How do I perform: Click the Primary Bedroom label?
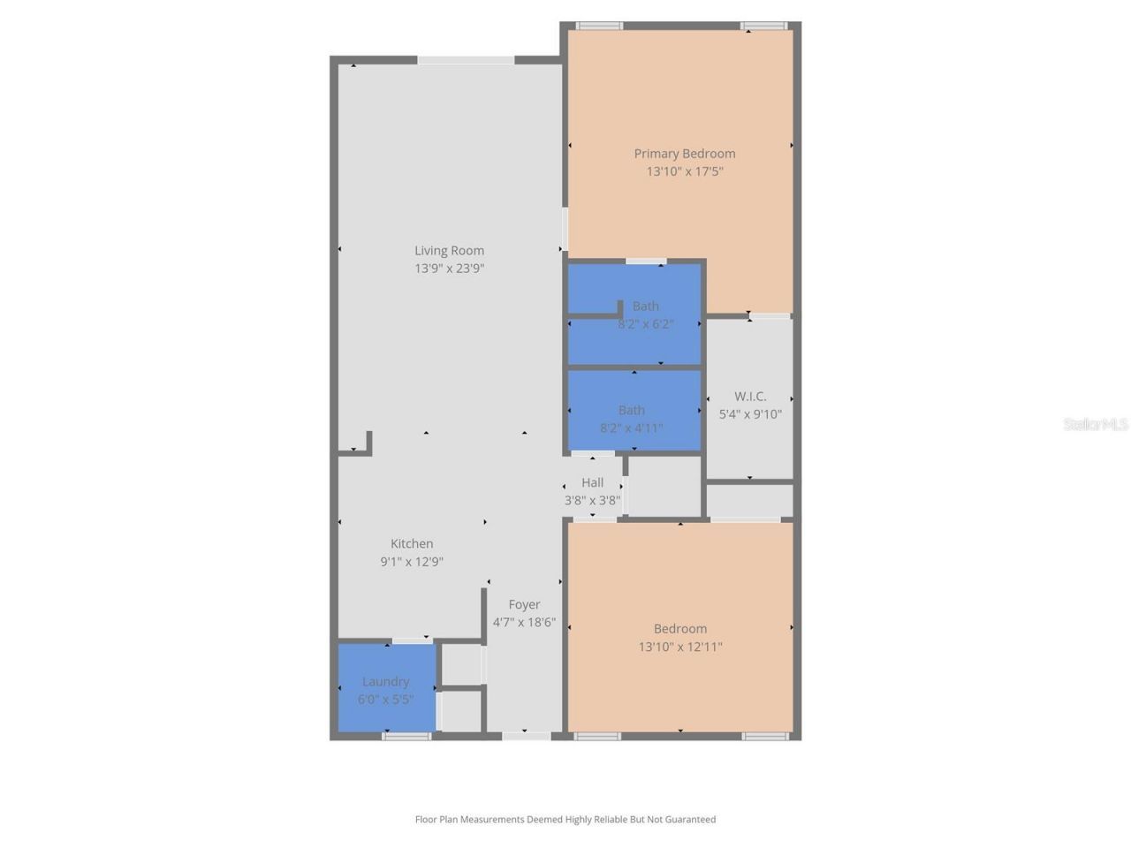684,154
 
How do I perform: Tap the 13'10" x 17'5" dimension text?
684,171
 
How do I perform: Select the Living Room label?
449,251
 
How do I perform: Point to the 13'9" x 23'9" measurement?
449,269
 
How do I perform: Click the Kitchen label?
412,544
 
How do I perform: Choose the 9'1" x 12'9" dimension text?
412,562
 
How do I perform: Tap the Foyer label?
524,605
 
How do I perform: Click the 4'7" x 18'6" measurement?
524,623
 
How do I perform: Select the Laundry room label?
385,682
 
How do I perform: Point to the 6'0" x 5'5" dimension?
385,700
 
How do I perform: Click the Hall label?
592,482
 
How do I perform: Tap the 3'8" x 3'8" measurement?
592,500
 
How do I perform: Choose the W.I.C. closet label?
750,397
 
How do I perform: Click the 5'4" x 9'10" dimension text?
750,414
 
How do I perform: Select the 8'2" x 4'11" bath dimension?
631,428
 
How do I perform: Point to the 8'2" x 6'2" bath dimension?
645,324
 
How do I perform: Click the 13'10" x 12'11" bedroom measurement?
680,647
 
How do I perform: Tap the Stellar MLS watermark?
1095,425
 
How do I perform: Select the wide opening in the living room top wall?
466,60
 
